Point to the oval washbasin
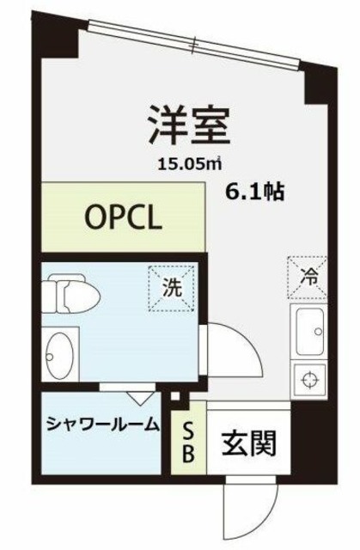pos(59,354)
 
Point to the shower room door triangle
pos(140,397)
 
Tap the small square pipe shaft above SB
pos(177,398)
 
